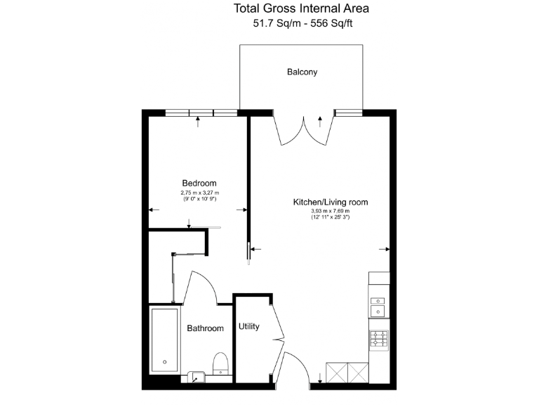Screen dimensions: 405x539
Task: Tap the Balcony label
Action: (x=302, y=72)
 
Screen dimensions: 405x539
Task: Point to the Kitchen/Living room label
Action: (x=330, y=202)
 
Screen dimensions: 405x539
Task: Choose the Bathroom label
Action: (x=205, y=328)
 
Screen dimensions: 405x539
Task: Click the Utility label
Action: (x=249, y=326)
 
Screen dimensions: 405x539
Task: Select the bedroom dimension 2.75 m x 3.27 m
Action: (x=199, y=193)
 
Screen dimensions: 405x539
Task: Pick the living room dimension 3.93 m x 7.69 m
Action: (x=330, y=212)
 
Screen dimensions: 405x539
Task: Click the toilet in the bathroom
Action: (x=220, y=363)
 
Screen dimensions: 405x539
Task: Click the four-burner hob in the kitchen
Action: (x=379, y=340)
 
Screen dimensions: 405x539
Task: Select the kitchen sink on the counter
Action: (x=379, y=303)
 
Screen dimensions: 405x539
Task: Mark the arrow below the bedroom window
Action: (x=199, y=120)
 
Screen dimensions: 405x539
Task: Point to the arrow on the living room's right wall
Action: (x=385, y=248)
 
